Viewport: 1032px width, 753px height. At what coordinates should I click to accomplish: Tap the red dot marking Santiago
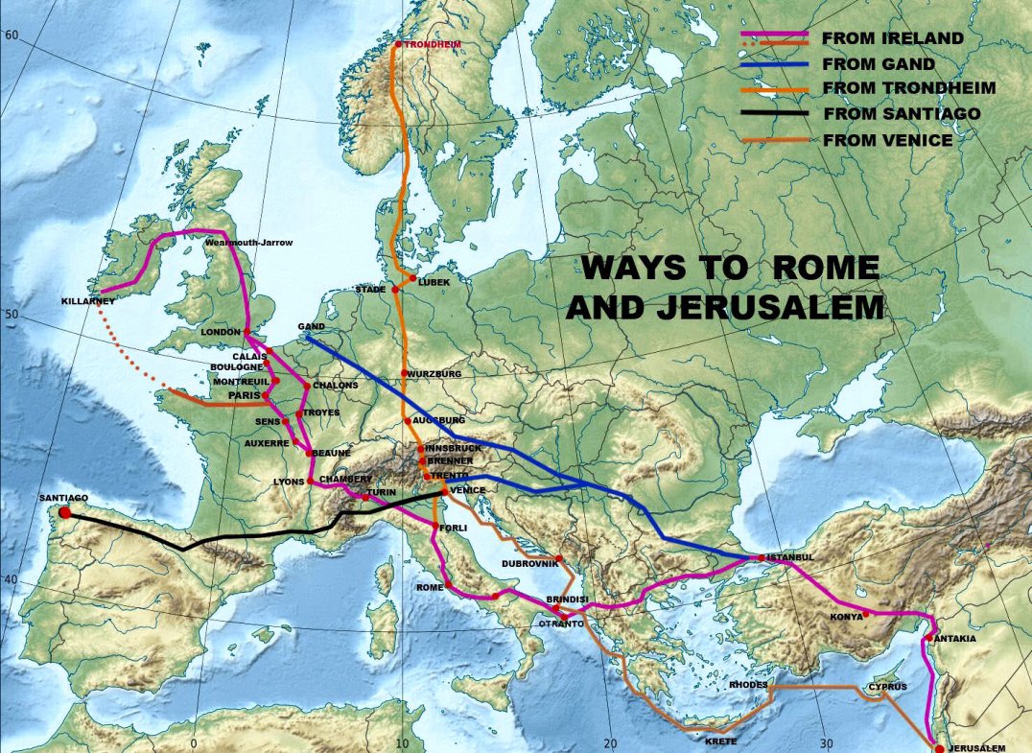click(65, 512)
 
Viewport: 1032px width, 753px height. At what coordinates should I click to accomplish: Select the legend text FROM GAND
click(879, 64)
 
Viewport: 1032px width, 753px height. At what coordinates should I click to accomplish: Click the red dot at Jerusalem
click(939, 747)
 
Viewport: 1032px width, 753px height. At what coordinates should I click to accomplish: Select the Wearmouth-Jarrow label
click(249, 243)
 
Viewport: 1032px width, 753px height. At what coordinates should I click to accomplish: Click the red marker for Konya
click(865, 614)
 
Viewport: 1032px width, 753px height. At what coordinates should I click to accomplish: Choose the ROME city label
click(429, 587)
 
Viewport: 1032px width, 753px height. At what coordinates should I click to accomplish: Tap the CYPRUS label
click(887, 687)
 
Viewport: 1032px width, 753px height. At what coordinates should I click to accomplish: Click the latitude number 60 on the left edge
click(12, 35)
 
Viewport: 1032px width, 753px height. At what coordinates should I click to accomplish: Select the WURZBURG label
click(435, 373)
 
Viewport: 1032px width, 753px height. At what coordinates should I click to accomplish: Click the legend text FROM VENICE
click(888, 140)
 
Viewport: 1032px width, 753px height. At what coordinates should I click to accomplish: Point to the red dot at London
click(246, 332)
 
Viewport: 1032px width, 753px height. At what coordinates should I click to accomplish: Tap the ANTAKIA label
click(955, 638)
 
